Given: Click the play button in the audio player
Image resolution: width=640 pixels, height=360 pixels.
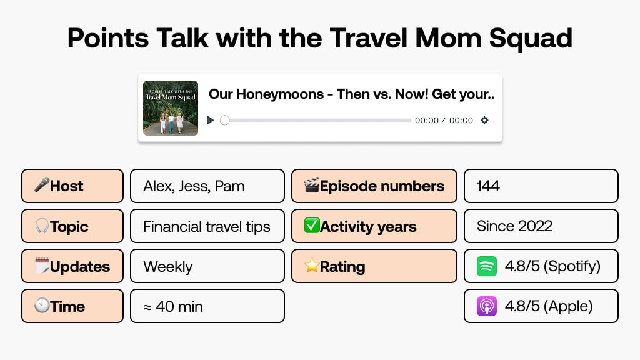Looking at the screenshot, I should tap(211, 120).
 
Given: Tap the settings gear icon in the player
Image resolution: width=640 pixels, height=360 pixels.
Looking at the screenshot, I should tap(484, 120).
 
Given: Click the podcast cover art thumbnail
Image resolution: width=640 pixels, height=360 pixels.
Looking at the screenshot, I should tap(171, 108).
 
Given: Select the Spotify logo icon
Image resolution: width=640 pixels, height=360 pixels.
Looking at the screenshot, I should tap(487, 266).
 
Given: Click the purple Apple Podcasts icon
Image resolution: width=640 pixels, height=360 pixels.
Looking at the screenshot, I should tap(487, 306).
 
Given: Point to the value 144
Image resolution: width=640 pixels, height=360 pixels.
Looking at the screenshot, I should tap(488, 186).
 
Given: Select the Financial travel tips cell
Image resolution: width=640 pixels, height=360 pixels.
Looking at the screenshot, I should tap(207, 226).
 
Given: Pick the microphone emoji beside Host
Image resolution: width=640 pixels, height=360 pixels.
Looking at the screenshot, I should tap(42, 186).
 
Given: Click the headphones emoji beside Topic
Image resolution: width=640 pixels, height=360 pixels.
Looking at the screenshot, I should tap(42, 226).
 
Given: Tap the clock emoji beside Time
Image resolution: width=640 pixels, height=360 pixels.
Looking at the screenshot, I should tap(42, 306).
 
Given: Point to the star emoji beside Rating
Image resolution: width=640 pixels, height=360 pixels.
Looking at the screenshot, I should tap(311, 266).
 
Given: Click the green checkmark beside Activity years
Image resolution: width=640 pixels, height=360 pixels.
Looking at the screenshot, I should tap(311, 226).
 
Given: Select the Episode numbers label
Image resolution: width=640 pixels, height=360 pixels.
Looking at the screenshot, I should tap(382, 186).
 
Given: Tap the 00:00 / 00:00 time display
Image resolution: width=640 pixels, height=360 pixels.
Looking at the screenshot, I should tap(444, 121).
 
